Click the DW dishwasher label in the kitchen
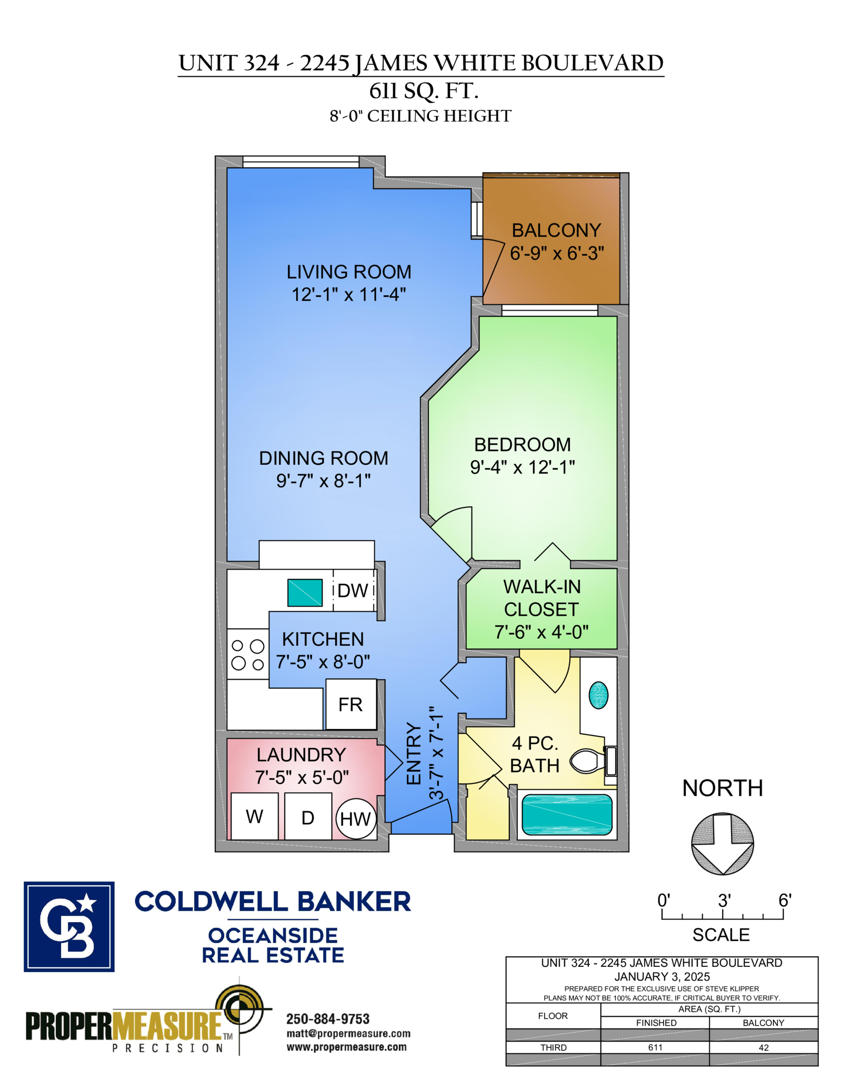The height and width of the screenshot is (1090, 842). [x=353, y=591]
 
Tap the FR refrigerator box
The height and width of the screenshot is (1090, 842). [x=350, y=704]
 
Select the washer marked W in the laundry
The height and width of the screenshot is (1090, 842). [x=255, y=816]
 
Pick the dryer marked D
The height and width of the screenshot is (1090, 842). [x=308, y=817]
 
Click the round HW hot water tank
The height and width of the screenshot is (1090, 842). [x=356, y=819]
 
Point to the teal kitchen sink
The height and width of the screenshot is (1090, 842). [x=305, y=593]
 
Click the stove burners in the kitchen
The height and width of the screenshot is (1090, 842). [x=248, y=654]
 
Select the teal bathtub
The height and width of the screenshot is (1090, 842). [x=567, y=814]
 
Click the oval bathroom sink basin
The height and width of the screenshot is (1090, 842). [x=598, y=695]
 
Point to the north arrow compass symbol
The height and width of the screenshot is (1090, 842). [x=723, y=844]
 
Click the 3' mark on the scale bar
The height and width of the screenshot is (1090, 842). [x=723, y=917]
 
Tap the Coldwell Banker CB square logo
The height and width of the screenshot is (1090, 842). [x=69, y=926]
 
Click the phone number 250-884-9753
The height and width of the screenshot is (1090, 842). [x=327, y=1018]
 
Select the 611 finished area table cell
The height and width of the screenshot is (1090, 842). [x=655, y=1047]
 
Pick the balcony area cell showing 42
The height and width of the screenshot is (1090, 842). [x=764, y=1047]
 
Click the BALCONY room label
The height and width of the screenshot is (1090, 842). [x=556, y=231]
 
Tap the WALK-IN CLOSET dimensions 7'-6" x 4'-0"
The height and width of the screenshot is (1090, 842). [x=541, y=632]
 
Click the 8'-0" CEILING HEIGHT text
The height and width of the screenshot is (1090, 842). [x=420, y=116]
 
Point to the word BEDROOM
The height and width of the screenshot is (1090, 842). [x=522, y=445]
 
